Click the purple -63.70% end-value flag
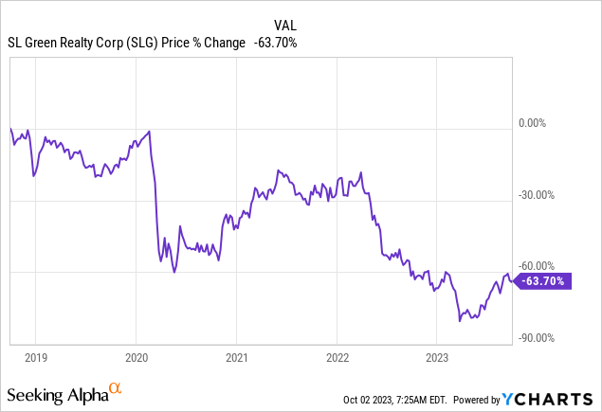545,280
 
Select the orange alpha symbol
115,388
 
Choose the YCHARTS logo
559,398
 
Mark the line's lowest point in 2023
459,321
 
